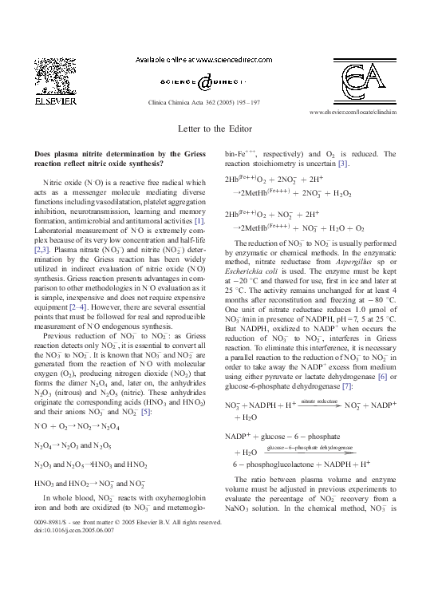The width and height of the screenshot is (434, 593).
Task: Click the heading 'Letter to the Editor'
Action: [216, 127]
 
